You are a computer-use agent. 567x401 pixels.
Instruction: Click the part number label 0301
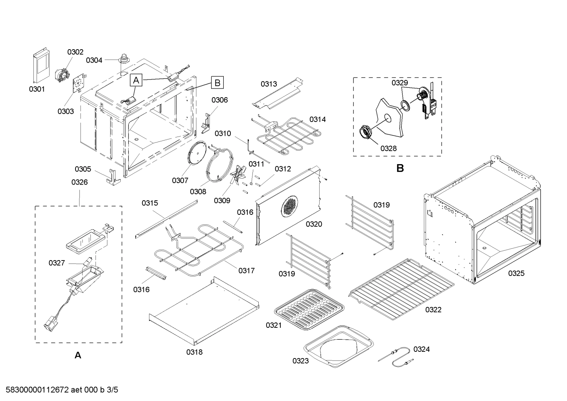click(37, 89)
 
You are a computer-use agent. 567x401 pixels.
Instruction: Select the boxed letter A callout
click(136, 80)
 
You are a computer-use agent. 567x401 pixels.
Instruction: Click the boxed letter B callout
click(217, 83)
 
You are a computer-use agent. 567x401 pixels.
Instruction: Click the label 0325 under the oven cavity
click(516, 273)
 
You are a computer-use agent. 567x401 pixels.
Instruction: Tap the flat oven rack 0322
click(401, 283)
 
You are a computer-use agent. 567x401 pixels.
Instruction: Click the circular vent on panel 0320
click(290, 206)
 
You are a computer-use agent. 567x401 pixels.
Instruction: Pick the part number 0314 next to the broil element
click(317, 119)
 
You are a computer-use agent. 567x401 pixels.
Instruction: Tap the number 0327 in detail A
click(57, 263)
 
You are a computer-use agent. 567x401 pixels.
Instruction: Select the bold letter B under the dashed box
click(400, 168)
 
